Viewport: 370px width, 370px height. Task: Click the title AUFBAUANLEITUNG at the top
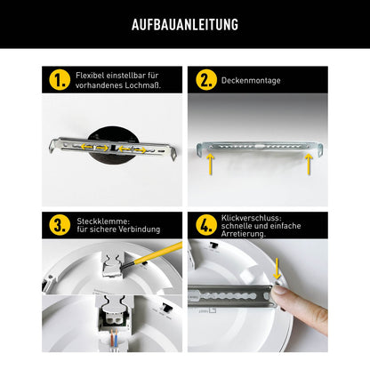pyautogui.click(x=185, y=25)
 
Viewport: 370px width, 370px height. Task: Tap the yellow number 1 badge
pyautogui.click(x=60, y=80)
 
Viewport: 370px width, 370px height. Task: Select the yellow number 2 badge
pyautogui.click(x=206, y=80)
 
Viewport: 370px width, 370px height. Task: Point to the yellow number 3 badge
pyautogui.click(x=60, y=224)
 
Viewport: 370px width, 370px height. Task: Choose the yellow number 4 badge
pyautogui.click(x=206, y=224)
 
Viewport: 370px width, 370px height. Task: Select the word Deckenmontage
pyautogui.click(x=251, y=80)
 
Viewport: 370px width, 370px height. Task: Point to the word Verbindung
pyautogui.click(x=141, y=229)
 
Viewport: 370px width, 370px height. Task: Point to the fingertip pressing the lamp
pyautogui.click(x=280, y=294)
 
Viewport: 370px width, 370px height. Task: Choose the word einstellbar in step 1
pyautogui.click(x=126, y=75)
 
